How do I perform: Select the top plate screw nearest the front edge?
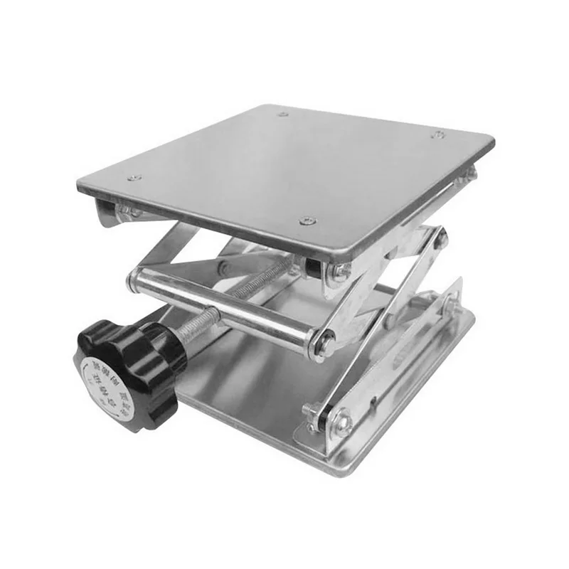307,221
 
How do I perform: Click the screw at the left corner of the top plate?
132,178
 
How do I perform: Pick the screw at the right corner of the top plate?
439,134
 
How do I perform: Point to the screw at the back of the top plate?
282,114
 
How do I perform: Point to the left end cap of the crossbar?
132,282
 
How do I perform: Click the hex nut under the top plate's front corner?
341,272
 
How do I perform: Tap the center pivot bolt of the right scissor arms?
439,238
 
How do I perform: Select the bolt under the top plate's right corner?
466,174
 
